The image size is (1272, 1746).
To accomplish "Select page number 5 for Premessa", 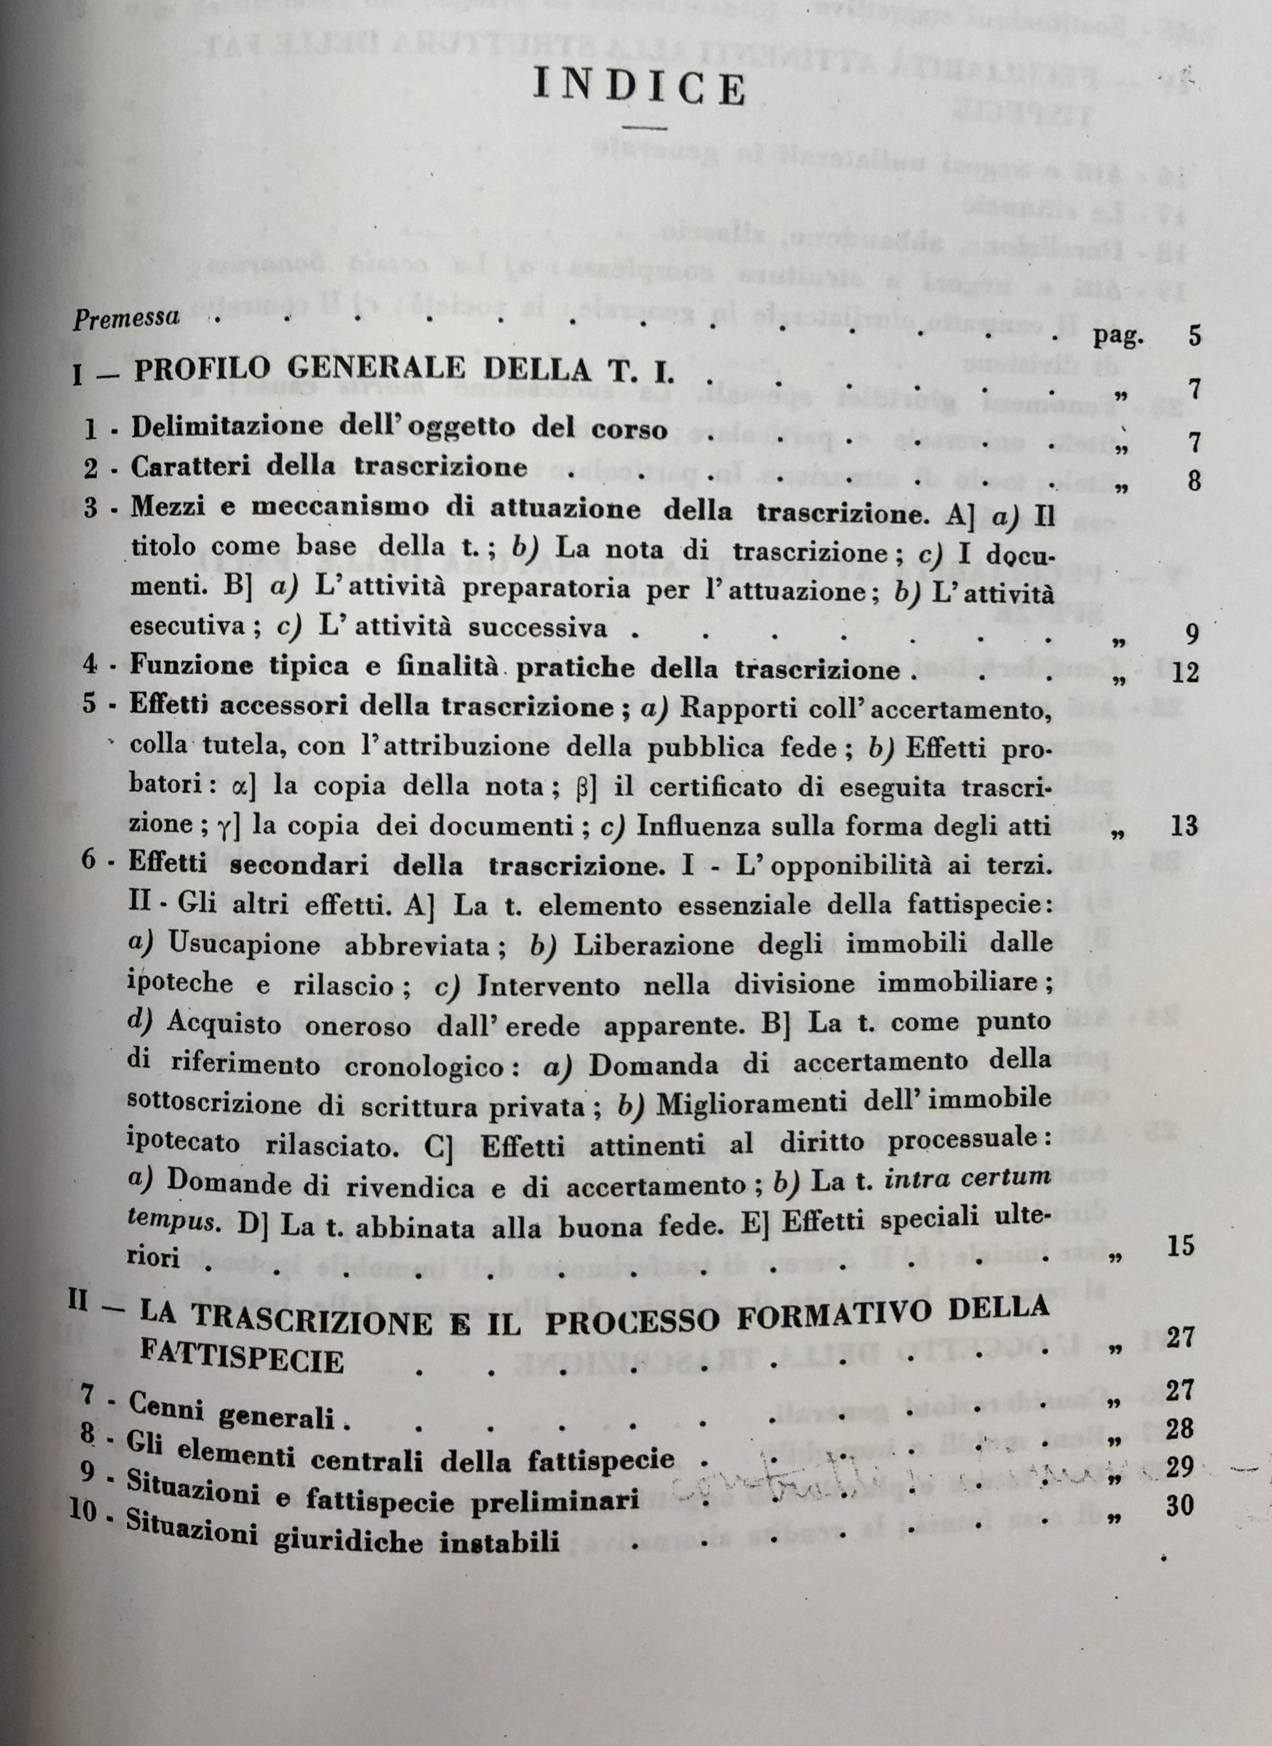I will tap(1194, 336).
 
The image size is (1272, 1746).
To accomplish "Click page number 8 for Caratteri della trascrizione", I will tap(1194, 482).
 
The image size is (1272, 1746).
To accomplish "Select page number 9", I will tap(1192, 634).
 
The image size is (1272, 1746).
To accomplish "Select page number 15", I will tap(1180, 1245).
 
